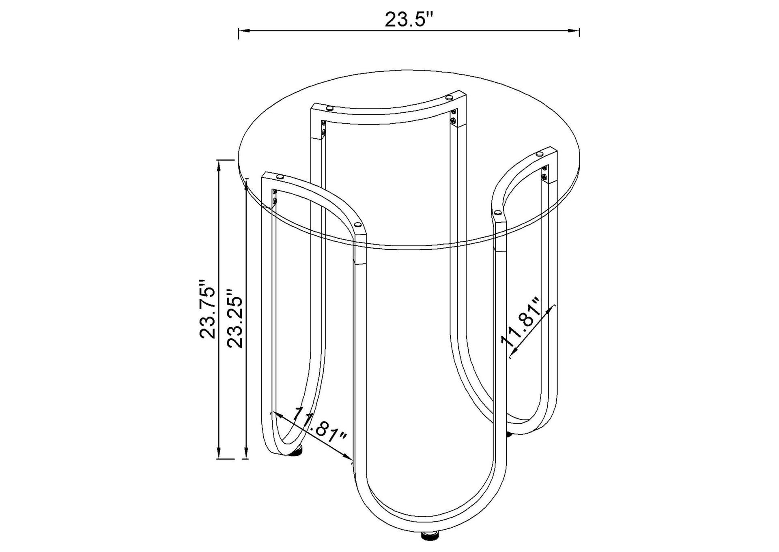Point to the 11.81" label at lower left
coord(319,426)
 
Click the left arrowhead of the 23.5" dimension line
coord(243,30)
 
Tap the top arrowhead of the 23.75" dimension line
coord(219,165)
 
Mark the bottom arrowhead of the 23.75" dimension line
coord(219,453)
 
